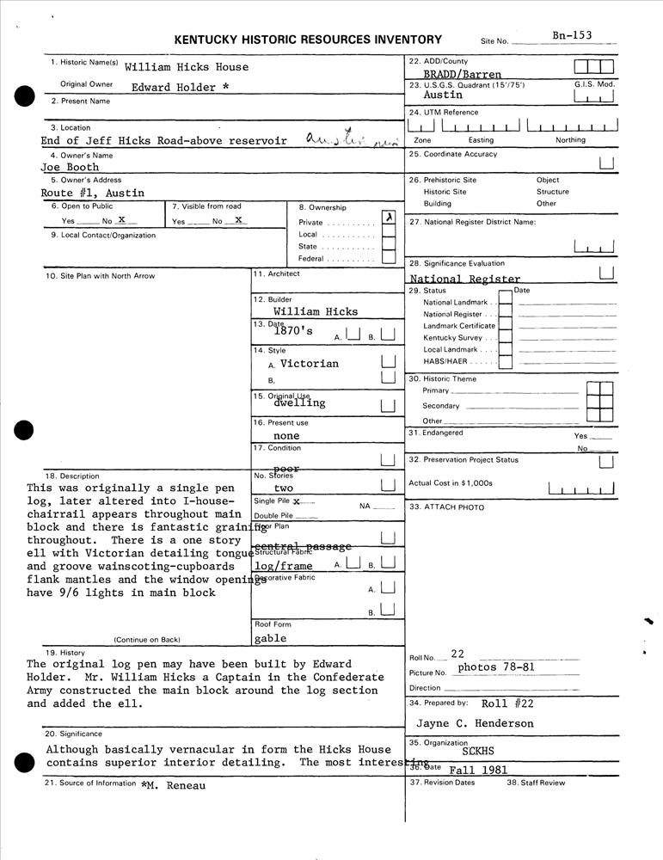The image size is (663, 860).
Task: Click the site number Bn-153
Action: point(572,35)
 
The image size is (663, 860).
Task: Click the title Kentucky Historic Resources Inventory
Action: point(308,40)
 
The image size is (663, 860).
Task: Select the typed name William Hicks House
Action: point(187,67)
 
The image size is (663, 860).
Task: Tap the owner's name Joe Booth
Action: point(71,168)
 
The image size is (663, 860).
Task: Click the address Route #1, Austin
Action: point(93,193)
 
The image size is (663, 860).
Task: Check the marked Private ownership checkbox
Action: point(389,218)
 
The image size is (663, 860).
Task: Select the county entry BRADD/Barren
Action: point(463,75)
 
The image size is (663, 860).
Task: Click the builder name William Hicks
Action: point(316,312)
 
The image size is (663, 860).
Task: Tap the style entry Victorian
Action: point(310,364)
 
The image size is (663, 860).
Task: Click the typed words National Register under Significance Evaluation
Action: point(465,279)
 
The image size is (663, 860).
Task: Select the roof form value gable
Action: point(271,639)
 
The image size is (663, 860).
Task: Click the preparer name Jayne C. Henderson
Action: point(475,724)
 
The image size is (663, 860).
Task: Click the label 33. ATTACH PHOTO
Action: point(447,507)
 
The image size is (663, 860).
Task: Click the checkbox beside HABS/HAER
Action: point(506,363)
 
